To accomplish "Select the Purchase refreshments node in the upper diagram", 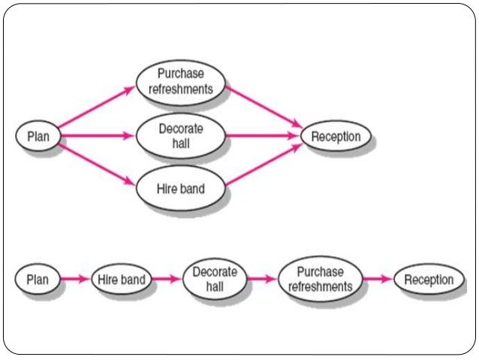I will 180,81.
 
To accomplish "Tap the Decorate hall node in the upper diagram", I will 180,136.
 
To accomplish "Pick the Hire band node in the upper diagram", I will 180,187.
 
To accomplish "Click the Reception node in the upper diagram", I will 336,136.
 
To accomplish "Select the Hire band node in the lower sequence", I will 122,280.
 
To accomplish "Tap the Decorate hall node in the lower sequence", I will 215,279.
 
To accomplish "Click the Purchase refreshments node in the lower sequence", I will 320,279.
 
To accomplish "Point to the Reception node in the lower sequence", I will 429,280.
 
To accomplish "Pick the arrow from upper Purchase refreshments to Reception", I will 264,106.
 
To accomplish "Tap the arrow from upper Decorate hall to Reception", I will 263,136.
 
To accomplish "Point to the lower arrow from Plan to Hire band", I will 74,280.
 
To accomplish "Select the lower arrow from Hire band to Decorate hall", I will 166,280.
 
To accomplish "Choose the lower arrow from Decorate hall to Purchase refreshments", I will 261,280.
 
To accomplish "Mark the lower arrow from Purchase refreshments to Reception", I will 378,280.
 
